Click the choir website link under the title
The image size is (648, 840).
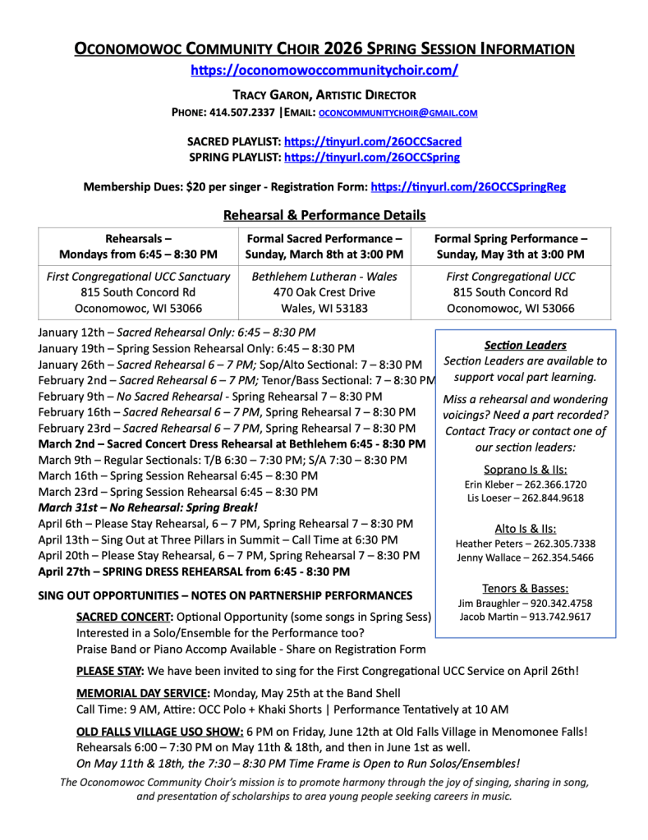point(324,71)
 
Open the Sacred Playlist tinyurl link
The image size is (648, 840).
point(372,141)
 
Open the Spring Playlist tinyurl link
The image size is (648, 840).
point(371,157)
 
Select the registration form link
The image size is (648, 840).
point(468,187)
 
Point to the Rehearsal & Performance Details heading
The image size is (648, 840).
point(324,215)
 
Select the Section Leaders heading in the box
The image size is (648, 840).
point(525,345)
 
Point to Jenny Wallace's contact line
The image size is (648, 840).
point(526,558)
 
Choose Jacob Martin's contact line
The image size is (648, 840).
point(525,617)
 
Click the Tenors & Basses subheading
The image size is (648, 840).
point(526,588)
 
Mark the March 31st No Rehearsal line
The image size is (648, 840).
point(148,507)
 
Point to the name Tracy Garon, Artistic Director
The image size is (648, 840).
point(324,94)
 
